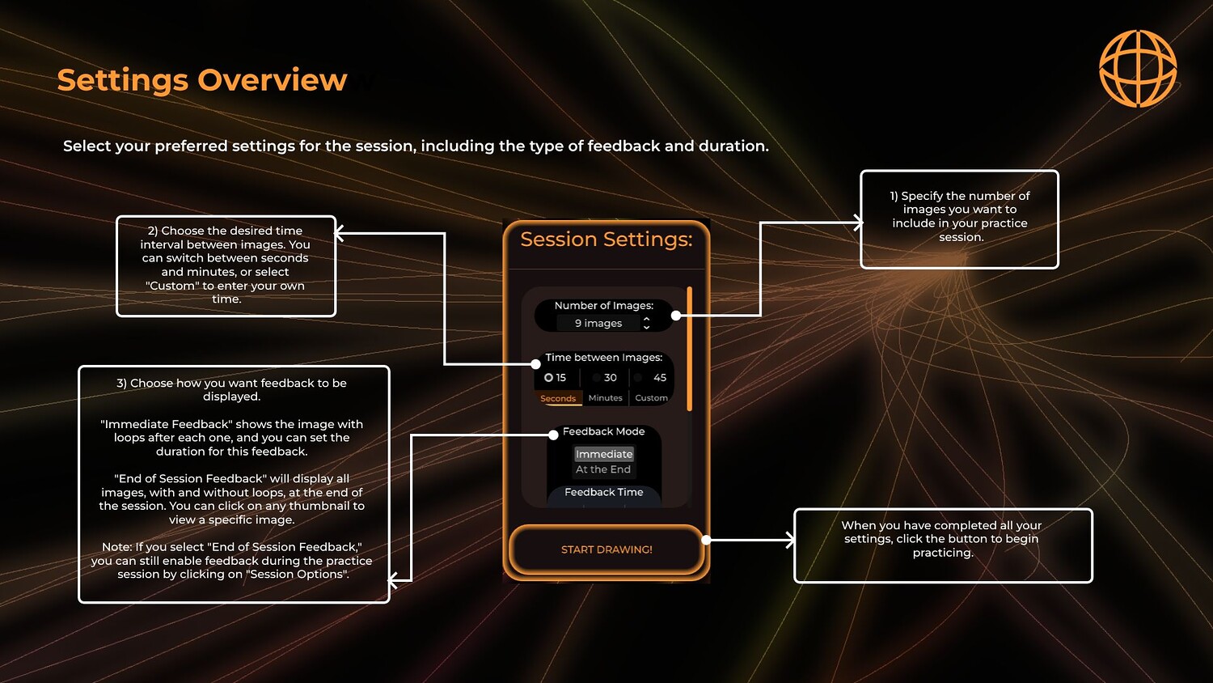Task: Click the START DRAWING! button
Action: pyautogui.click(x=606, y=549)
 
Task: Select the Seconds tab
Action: pyautogui.click(x=558, y=398)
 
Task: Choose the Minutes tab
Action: pyautogui.click(x=605, y=398)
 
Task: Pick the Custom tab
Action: pyautogui.click(x=651, y=398)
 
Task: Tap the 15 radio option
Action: pyautogui.click(x=549, y=378)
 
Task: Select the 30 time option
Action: pyautogui.click(x=605, y=378)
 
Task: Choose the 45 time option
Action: pyautogui.click(x=653, y=378)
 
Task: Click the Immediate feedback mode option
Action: pyautogui.click(x=604, y=454)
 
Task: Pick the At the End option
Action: pyautogui.click(x=603, y=469)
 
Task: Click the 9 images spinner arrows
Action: pyautogui.click(x=646, y=323)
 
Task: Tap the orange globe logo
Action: pyautogui.click(x=1138, y=69)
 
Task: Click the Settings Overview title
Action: pyautogui.click(x=202, y=80)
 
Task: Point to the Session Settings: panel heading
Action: pyautogui.click(x=606, y=240)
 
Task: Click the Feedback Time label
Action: pyautogui.click(x=604, y=492)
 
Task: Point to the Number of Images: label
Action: pyautogui.click(x=604, y=306)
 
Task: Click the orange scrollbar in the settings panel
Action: pyautogui.click(x=690, y=348)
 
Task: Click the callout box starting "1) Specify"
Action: pyautogui.click(x=959, y=218)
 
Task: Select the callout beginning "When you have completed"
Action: pyautogui.click(x=943, y=545)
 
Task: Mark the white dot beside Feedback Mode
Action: pyautogui.click(x=553, y=435)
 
